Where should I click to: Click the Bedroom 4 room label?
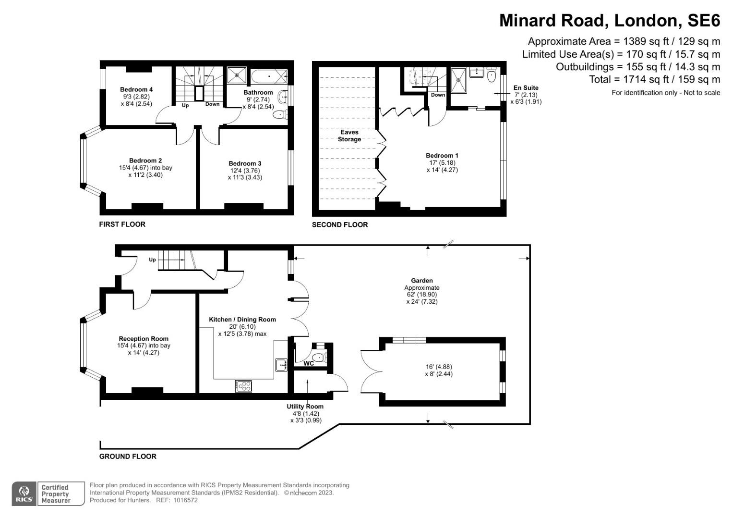click(x=136, y=89)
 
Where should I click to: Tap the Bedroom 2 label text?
click(x=145, y=161)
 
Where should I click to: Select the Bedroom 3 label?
click(x=245, y=163)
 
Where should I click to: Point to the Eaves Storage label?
click(x=349, y=136)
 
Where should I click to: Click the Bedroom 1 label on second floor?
click(x=442, y=155)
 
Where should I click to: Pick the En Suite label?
click(x=526, y=88)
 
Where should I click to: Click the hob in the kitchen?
click(x=243, y=385)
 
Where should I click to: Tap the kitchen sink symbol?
click(x=281, y=365)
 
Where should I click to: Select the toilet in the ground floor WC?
click(x=319, y=357)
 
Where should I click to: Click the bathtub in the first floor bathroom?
click(x=268, y=76)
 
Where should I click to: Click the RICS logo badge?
click(x=24, y=494)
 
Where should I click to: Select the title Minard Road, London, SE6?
click(x=610, y=21)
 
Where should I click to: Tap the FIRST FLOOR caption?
click(x=122, y=224)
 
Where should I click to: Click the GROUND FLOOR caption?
click(x=128, y=456)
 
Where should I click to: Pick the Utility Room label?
click(x=305, y=407)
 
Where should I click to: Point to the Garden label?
click(x=421, y=281)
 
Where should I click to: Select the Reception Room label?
click(x=144, y=339)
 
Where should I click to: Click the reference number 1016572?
click(x=185, y=500)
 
